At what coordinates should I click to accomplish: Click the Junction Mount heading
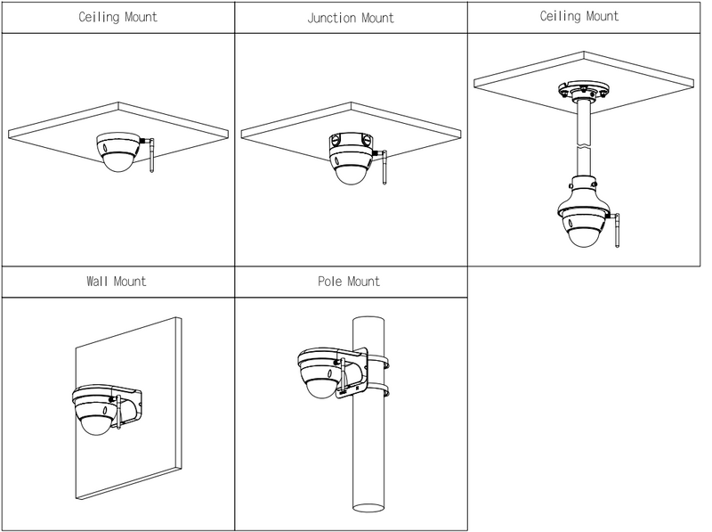[x=351, y=17]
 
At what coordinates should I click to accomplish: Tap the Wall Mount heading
[x=117, y=282]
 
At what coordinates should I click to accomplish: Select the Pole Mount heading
[x=349, y=282]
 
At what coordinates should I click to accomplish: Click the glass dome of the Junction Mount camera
[x=350, y=172]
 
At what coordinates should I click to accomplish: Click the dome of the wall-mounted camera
[x=93, y=423]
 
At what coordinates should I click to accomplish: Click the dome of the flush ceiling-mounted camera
[x=117, y=160]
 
